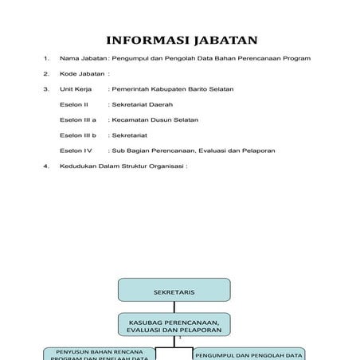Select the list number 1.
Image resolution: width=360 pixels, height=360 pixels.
(47, 59)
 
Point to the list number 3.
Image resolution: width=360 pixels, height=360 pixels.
(47, 89)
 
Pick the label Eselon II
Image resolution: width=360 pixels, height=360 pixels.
(73, 104)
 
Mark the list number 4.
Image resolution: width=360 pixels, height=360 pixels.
(47, 166)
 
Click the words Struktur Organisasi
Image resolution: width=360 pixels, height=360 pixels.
(151, 166)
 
